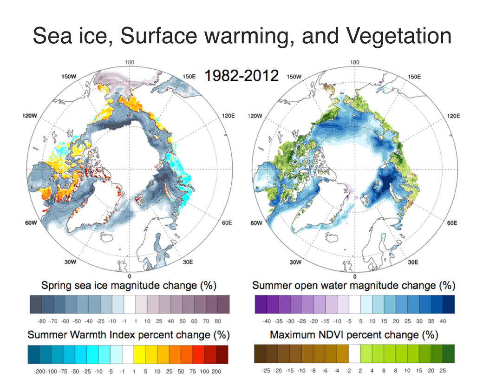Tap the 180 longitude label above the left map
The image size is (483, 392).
point(130,63)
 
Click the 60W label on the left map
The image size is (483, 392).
point(31,223)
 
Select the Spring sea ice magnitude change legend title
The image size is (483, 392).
point(129,285)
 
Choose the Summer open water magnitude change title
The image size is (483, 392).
point(353,285)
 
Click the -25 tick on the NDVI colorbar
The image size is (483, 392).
point(266,371)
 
